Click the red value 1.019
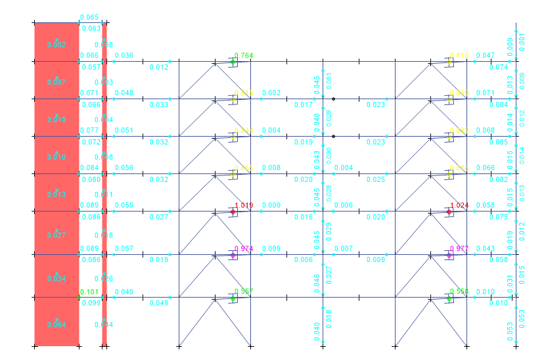coord(244,205)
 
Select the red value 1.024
coord(459,205)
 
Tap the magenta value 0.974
coord(244,248)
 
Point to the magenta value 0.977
coord(459,248)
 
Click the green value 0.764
coord(244,55)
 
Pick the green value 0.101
coord(89,292)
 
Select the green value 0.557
coord(244,291)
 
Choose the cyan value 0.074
coord(499,67)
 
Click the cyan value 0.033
coord(158,104)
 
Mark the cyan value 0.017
coord(303,104)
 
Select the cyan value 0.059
coord(124,205)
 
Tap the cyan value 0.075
coord(499,217)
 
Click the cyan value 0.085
coord(499,142)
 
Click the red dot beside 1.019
coord(233,212)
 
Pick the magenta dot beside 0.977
coord(449,255)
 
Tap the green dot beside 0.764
coord(233,62)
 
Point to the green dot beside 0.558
coord(449,299)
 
